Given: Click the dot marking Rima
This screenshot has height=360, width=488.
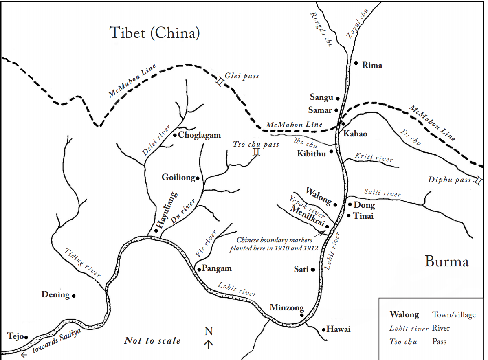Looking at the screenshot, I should tap(356, 64).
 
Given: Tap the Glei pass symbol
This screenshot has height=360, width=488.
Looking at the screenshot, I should tap(219, 83).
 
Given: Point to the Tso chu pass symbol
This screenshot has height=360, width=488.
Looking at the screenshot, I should tap(256, 152).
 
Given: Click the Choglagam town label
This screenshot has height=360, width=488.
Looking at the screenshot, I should tap(200, 135).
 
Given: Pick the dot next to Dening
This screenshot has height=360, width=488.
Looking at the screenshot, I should tap(74, 296).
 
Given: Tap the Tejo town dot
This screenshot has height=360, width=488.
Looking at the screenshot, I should tap(26, 337).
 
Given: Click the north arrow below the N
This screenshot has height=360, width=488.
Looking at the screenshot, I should tap(209, 345).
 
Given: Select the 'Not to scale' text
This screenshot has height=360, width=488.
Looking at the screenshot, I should tap(152, 340).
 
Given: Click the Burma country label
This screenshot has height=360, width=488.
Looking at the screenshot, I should tap(446, 261).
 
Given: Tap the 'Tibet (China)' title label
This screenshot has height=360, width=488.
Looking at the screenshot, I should tap(155, 33).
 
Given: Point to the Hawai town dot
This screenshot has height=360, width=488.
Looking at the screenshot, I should tap(323, 329).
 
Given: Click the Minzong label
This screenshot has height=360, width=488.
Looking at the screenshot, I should tap(287, 308).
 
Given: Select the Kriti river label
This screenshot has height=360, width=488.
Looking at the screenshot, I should tap(374, 157).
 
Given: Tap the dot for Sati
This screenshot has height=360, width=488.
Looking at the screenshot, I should tap(313, 270).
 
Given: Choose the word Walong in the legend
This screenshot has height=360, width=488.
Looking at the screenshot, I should tap(404, 314).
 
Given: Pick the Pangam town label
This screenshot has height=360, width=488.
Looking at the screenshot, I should tap(217, 268).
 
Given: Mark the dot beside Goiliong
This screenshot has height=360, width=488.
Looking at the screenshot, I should tap(198, 178).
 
